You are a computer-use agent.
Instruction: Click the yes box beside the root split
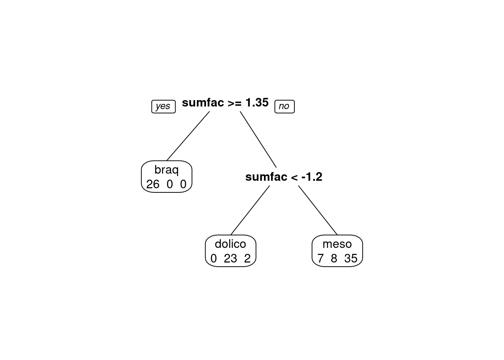click(x=163, y=106)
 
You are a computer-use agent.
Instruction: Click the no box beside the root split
click(x=284, y=106)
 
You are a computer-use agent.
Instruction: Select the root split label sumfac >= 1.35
click(x=225, y=103)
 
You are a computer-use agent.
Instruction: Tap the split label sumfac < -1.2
click(x=284, y=177)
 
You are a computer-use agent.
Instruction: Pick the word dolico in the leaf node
click(x=230, y=244)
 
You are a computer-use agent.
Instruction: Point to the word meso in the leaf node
click(x=337, y=244)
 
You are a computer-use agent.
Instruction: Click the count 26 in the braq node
click(x=153, y=184)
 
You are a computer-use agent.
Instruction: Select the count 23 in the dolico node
click(x=230, y=258)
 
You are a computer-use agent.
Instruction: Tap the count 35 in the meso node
click(x=351, y=258)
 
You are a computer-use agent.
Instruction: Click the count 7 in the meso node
click(x=320, y=258)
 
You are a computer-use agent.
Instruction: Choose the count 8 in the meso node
click(x=334, y=258)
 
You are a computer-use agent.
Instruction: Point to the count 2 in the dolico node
click(x=247, y=258)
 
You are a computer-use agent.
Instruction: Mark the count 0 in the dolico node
click(x=213, y=258)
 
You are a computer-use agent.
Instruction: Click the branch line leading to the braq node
click(x=188, y=136)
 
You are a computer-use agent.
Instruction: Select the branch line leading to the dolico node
click(x=250, y=210)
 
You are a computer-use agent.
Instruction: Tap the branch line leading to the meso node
click(x=318, y=210)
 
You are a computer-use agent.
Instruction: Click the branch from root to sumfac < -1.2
click(x=258, y=139)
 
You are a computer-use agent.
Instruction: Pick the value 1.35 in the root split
click(x=257, y=103)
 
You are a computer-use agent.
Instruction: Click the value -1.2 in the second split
click(x=312, y=177)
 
